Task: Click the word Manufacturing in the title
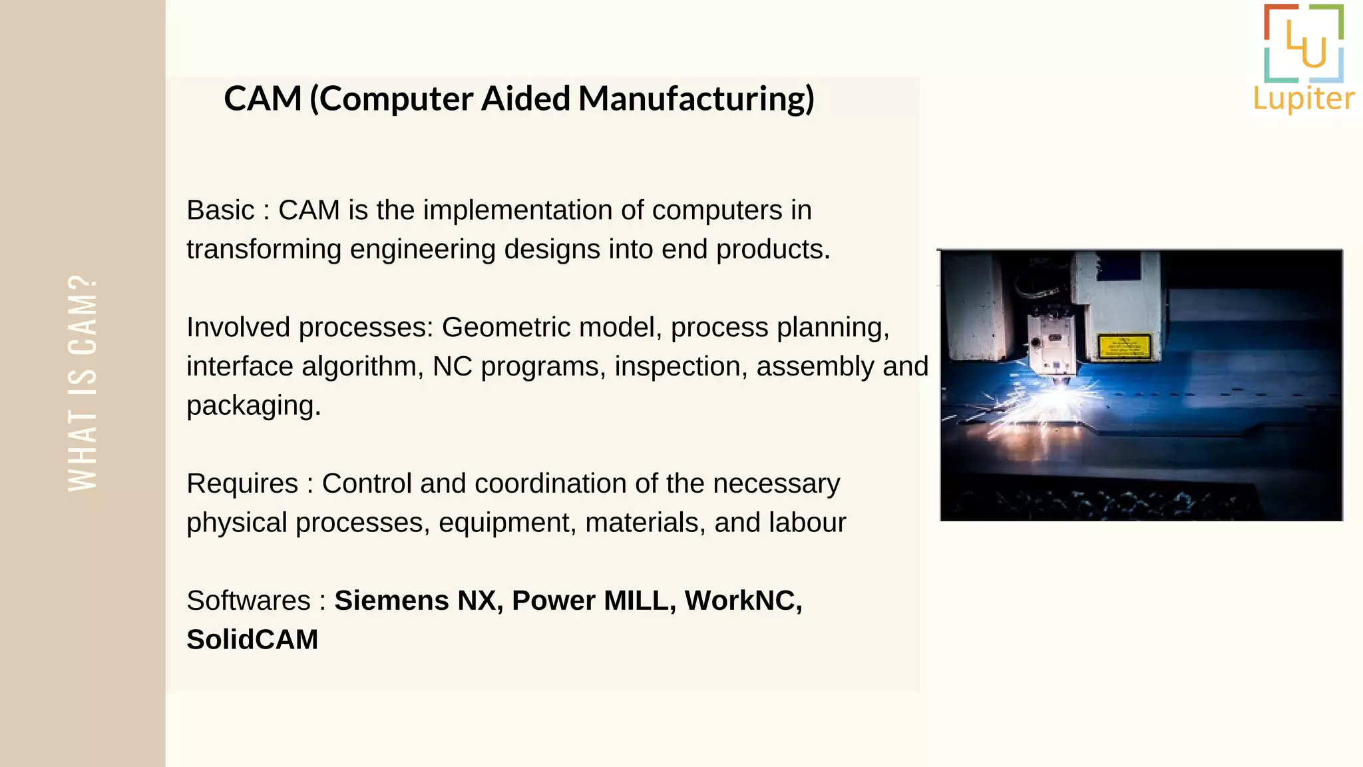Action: point(696,99)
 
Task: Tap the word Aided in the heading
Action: point(526,99)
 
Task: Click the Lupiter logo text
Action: point(1304,99)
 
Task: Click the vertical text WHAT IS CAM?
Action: point(83,383)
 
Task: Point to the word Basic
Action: point(220,210)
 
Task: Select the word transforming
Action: point(264,250)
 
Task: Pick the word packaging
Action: point(253,405)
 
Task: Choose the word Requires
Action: point(242,484)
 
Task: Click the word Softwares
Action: point(248,601)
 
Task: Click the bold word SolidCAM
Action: point(252,640)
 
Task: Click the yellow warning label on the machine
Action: point(1124,346)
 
